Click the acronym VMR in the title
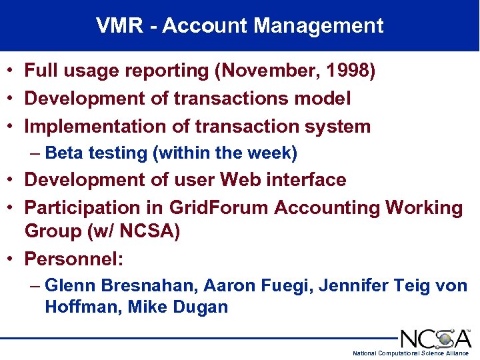(x=119, y=26)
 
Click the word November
(x=267, y=71)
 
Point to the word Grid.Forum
(x=219, y=208)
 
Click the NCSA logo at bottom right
(x=435, y=338)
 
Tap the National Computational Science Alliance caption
(x=411, y=353)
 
